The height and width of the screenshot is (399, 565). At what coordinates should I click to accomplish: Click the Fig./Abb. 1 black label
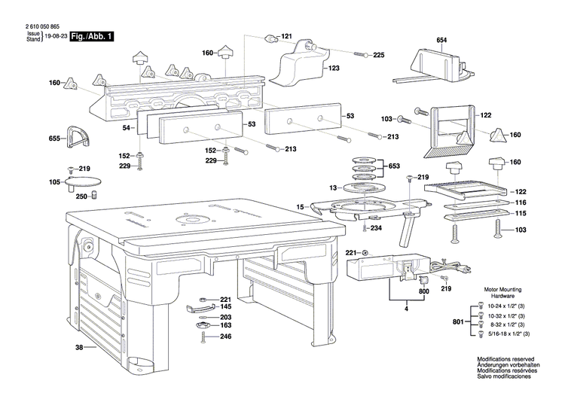coord(91,35)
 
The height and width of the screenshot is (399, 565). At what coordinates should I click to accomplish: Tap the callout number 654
coord(441,40)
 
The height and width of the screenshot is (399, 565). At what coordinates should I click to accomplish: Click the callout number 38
coord(79,347)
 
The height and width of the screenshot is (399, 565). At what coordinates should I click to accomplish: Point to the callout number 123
coord(333,68)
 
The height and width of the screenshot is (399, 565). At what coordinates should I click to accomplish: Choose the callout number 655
coord(54,139)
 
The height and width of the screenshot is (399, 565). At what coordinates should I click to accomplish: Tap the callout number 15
coord(299,206)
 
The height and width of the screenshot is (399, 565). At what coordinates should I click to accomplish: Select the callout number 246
coord(225,337)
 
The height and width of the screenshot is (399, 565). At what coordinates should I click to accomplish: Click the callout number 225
coord(378,55)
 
